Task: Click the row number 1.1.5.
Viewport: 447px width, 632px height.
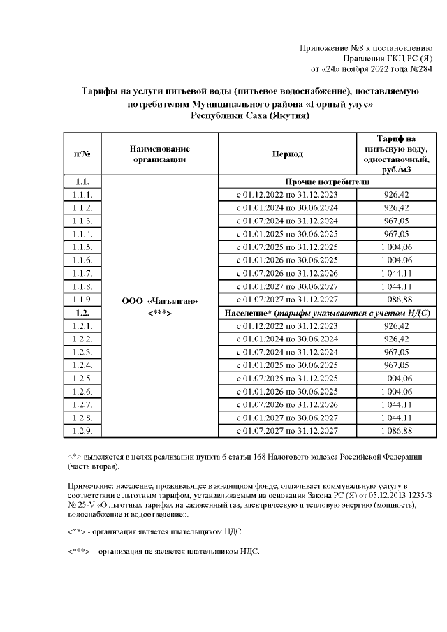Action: click(82, 247)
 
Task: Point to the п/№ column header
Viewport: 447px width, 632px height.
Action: click(82, 154)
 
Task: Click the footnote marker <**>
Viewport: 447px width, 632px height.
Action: click(75, 531)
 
